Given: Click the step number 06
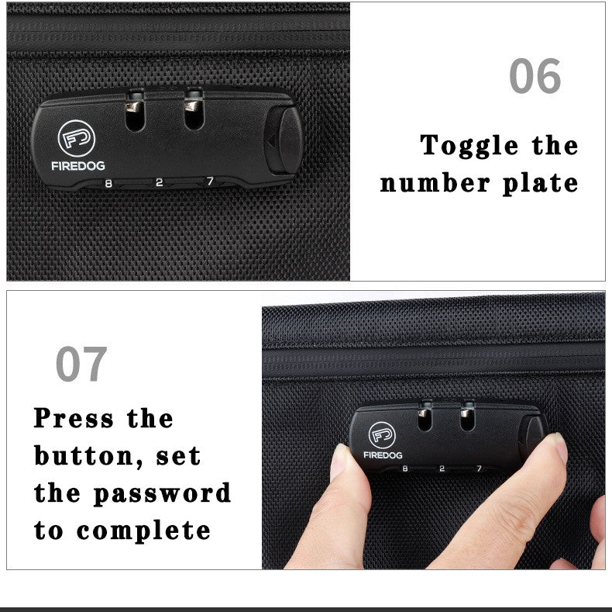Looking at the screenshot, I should pos(535,77).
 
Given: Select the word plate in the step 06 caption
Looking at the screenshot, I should pos(541,184).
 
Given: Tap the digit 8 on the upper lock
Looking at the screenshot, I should pos(108,183).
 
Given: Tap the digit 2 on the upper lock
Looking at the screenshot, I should pos(159,183).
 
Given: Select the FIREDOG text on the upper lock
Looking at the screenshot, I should pos(78,165).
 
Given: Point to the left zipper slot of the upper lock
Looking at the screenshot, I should pos(134,114).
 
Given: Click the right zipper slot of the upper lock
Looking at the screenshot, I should pos(193,112).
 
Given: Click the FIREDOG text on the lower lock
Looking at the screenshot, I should pos(383,456).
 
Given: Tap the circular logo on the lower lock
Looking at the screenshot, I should pos(382,435).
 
